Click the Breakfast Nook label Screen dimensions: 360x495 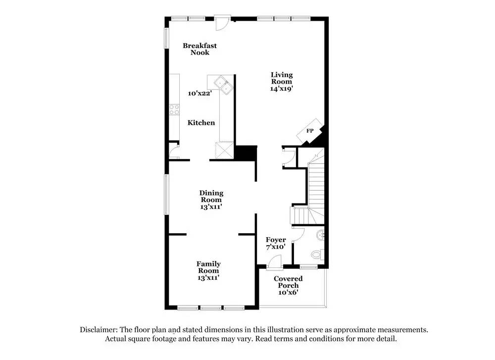[199, 49]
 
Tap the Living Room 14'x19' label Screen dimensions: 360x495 [281, 82]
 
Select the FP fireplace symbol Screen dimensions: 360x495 [310, 131]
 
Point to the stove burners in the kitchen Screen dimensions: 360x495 [174, 110]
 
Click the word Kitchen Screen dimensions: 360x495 [201, 122]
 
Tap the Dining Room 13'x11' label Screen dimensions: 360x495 [211, 200]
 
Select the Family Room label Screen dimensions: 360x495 [208, 271]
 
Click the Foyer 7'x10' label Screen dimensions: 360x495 [276, 244]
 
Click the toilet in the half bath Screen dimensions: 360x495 [317, 255]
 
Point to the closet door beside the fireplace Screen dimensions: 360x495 [288, 157]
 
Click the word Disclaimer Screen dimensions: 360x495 [98, 329]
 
